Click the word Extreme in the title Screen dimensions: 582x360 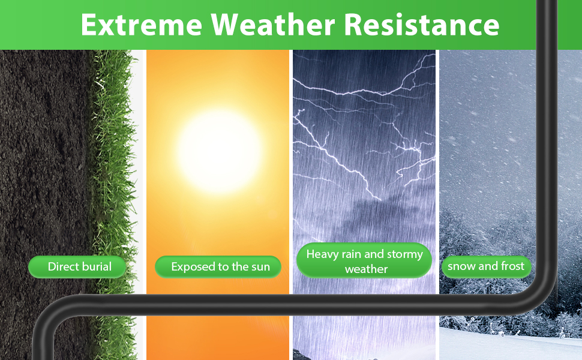click(142, 25)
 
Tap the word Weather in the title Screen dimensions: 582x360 click(273, 25)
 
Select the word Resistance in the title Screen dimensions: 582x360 click(422, 25)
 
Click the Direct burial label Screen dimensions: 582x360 click(77, 267)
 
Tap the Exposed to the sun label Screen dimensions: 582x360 click(218, 267)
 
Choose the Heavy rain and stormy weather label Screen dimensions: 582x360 click(364, 260)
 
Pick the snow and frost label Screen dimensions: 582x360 click(486, 266)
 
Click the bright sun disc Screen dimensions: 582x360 click(219, 151)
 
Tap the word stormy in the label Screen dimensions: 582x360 click(405, 254)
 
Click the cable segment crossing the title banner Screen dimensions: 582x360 click(547, 25)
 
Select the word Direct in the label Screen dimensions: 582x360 click(61, 266)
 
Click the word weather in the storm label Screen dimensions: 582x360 click(367, 269)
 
